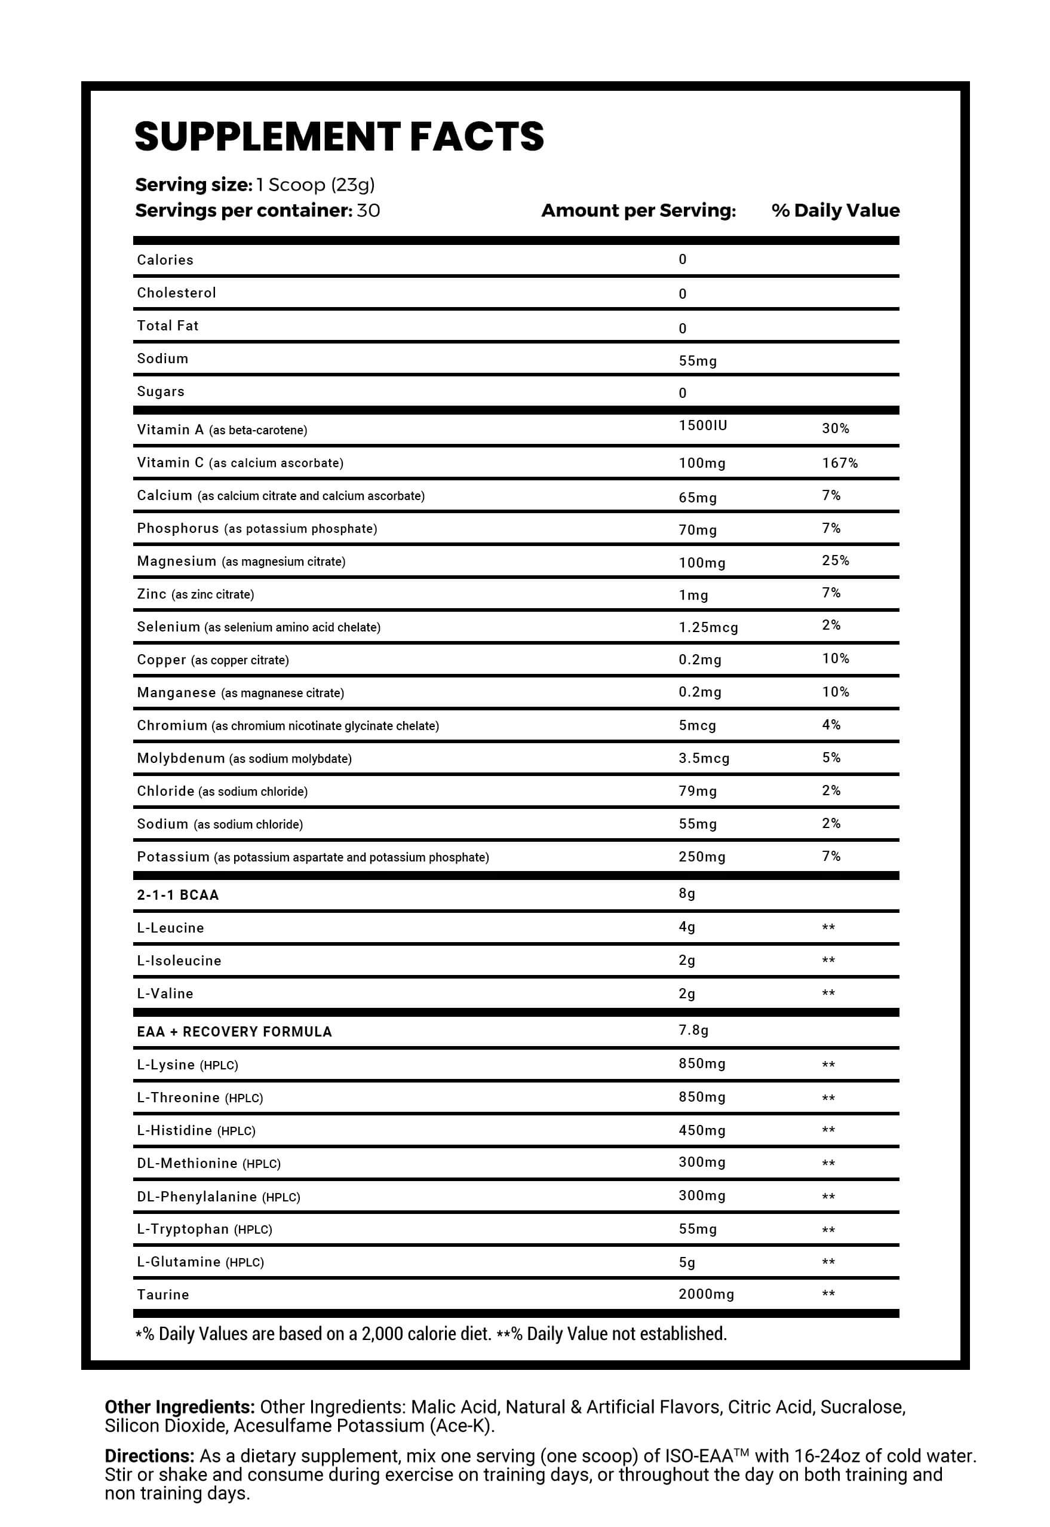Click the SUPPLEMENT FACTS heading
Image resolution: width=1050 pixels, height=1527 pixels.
(x=339, y=137)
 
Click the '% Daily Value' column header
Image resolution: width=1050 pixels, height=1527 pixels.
(x=835, y=210)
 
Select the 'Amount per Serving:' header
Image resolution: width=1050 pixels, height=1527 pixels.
(x=638, y=210)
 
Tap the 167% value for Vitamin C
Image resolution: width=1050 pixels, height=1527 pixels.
(x=840, y=463)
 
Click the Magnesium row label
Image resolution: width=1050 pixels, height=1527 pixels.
(x=176, y=561)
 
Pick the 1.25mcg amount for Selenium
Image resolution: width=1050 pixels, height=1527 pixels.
(x=708, y=628)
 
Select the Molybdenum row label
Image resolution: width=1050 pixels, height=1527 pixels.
(x=181, y=758)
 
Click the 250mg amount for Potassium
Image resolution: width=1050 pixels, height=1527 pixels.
(x=702, y=857)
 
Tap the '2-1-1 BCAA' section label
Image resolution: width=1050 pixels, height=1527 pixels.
(x=177, y=895)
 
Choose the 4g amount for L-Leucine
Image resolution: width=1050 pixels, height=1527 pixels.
(x=687, y=927)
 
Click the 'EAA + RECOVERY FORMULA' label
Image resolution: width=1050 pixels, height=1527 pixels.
(x=234, y=1032)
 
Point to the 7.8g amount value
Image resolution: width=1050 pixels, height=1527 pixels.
(x=693, y=1031)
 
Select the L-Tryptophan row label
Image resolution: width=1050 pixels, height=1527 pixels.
(x=183, y=1229)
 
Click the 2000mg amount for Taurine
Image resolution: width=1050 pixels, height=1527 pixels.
(x=706, y=1294)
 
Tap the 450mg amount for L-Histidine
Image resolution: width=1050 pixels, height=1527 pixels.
(x=702, y=1130)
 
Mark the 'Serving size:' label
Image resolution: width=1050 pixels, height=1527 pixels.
(x=194, y=185)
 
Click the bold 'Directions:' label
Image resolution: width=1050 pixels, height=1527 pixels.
(x=149, y=1456)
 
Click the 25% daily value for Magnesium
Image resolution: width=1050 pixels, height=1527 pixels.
(x=836, y=560)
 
